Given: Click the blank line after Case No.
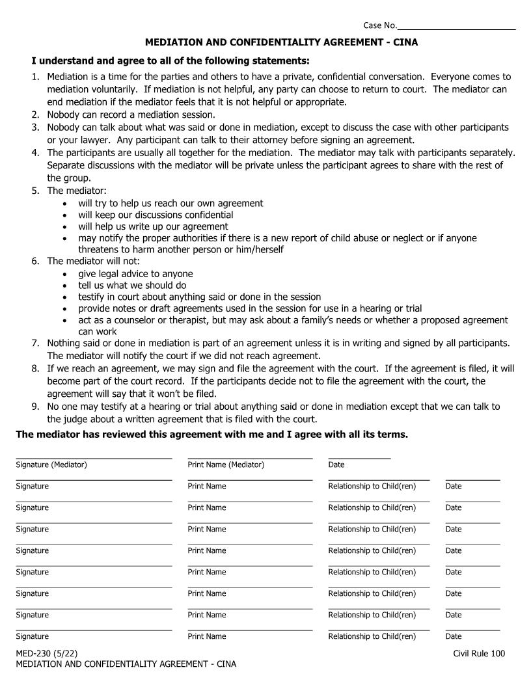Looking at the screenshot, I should (x=456, y=28).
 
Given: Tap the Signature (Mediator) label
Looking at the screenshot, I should (x=51, y=465).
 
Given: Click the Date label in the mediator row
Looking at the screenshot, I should (x=336, y=465).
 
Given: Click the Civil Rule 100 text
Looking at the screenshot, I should (x=479, y=654).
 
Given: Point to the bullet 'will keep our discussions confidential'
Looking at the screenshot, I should (x=156, y=215).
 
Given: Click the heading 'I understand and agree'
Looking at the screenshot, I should (x=91, y=61).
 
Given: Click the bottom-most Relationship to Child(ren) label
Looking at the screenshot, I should (x=372, y=636).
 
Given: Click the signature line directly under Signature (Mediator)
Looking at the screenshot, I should (x=94, y=480).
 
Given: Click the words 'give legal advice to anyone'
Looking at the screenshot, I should (x=135, y=273).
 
